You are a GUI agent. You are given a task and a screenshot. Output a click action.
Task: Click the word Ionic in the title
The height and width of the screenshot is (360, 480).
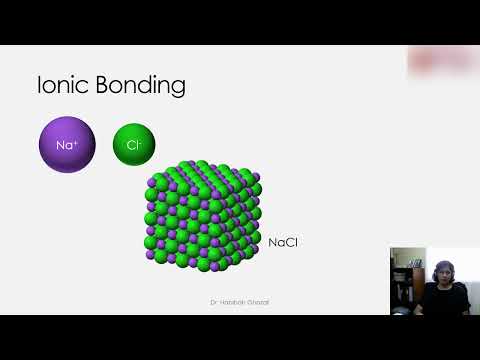62,85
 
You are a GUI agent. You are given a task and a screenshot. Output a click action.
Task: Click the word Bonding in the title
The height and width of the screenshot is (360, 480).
143,86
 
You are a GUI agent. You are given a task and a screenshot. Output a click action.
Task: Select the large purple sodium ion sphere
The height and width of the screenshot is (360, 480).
66,144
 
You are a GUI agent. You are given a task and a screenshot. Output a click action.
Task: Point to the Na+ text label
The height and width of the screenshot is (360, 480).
66,145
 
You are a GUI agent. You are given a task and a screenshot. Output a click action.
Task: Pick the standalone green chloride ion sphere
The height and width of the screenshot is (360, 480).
134,144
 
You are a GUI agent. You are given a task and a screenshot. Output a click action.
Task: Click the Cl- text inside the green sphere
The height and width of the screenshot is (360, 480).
134,145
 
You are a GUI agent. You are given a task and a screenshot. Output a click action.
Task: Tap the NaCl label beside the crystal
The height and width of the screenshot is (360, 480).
283,242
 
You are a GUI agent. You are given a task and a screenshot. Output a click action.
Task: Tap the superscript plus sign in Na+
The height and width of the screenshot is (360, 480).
77,141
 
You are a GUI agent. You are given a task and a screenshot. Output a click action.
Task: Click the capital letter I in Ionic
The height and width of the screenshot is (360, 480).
39,85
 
